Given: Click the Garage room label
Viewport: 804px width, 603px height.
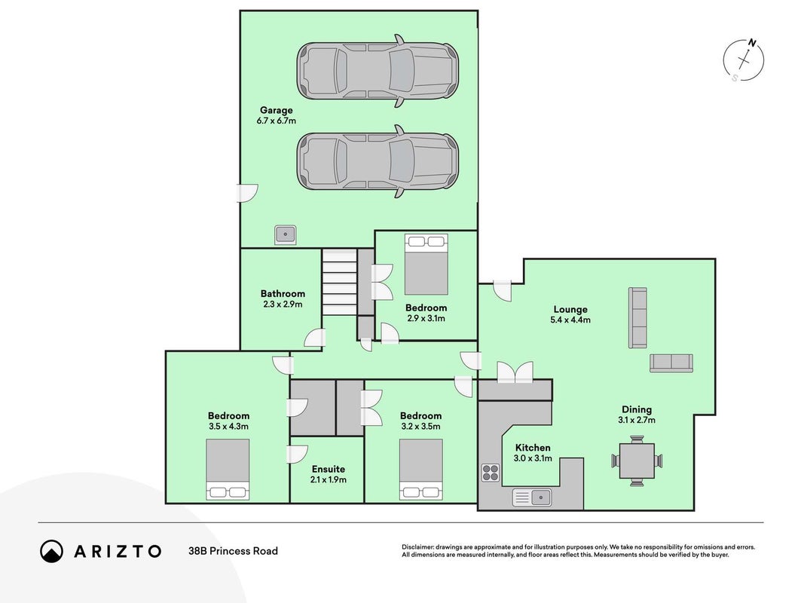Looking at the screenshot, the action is pos(277,110).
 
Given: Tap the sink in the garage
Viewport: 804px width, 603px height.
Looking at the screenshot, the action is pos(286,234).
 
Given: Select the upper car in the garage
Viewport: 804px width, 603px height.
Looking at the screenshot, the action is pos(378,71).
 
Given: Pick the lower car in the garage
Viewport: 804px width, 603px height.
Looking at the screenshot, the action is pos(378,161).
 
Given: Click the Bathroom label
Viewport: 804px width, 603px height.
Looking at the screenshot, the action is pos(283,294).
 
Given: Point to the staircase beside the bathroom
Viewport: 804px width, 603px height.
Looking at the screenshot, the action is pos(339,282).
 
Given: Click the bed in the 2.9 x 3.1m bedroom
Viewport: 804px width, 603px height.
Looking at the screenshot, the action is pos(426,265).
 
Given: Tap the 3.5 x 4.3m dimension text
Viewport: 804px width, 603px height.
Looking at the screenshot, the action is pos(228,427).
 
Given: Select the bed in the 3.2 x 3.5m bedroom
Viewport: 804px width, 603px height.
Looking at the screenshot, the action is pos(421,469).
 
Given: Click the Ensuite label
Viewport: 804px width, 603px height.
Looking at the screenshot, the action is pos(329,469).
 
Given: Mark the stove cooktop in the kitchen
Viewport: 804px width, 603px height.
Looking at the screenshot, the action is pos(491,473).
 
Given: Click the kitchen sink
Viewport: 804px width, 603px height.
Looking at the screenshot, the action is pos(532,497).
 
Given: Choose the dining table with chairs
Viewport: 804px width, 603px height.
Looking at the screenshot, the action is pos(637,461).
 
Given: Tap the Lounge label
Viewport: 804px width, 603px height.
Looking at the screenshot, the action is pos(570,310).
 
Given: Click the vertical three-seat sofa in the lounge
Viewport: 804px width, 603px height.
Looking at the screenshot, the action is pos(638,318).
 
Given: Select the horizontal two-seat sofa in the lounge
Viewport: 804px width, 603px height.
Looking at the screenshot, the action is pos(671,363).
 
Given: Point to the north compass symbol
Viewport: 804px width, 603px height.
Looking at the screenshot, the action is pos(744,60).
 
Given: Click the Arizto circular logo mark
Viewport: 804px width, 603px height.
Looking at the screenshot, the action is pos(51,551).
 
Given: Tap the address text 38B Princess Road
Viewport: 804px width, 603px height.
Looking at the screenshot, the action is pos(234,551).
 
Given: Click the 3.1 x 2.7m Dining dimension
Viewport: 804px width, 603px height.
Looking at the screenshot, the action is pos(637,421).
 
